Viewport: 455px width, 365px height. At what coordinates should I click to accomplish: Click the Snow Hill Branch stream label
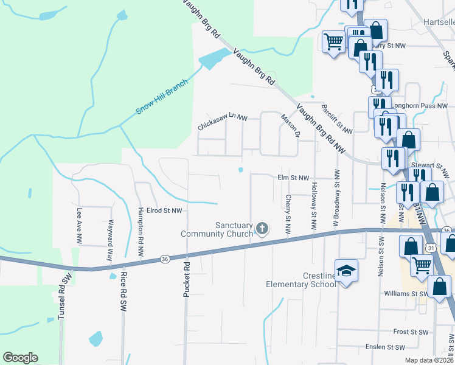click(162, 98)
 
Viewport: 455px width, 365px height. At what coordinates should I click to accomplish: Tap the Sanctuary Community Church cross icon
click(262, 229)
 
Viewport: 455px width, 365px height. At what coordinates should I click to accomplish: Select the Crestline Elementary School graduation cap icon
click(346, 269)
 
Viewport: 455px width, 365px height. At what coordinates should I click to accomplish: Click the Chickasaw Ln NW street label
click(223, 122)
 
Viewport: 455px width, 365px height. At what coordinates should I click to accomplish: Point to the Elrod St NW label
click(164, 210)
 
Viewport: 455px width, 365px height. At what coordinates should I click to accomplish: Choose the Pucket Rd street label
click(187, 280)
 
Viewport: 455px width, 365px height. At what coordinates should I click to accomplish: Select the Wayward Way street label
click(111, 240)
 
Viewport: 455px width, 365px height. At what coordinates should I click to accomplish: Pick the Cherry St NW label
click(288, 215)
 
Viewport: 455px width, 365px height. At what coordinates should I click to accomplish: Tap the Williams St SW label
click(406, 293)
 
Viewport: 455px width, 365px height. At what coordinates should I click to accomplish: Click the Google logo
click(20, 358)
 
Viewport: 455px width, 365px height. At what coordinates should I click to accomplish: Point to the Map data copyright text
click(429, 360)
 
